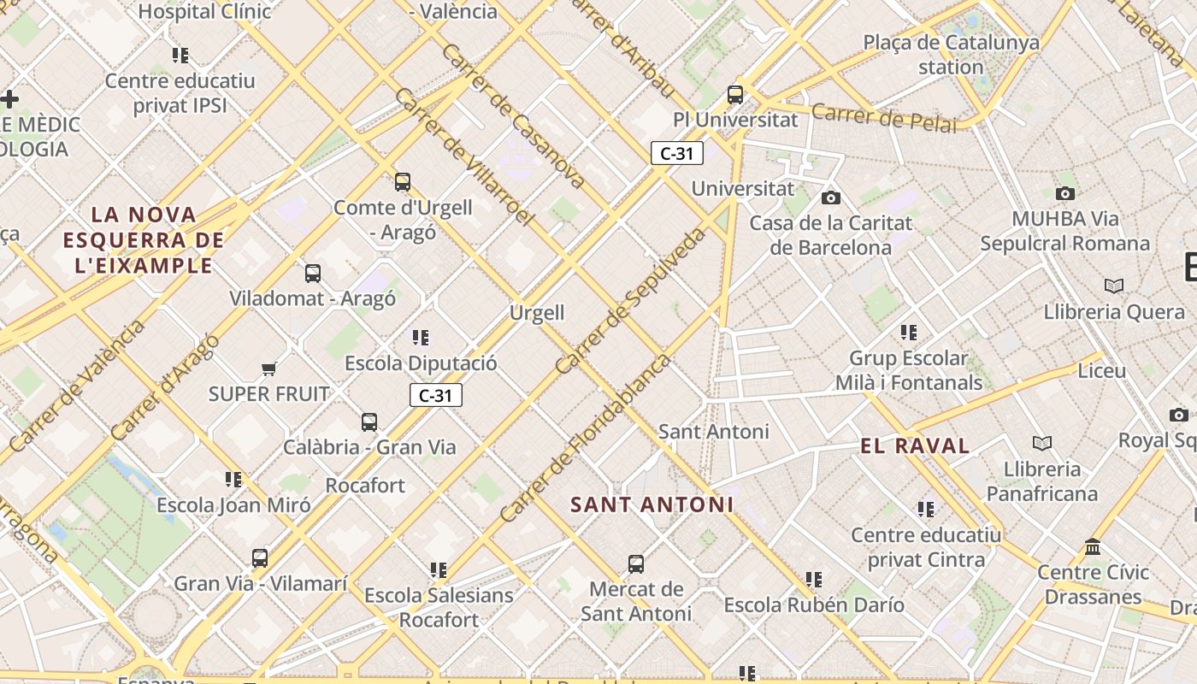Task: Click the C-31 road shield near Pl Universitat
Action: (676, 153)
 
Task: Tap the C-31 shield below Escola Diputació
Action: (436, 395)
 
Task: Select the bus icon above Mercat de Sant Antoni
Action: (636, 563)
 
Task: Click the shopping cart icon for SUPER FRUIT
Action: (269, 369)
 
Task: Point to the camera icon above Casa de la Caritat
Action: (830, 198)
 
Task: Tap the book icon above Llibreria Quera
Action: (1114, 286)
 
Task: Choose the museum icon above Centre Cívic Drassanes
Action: (1093, 546)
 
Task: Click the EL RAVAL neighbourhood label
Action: (915, 445)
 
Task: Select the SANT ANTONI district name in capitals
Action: (652, 504)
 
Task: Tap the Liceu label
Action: (1102, 371)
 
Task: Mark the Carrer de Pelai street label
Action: (883, 118)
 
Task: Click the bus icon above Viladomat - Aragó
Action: (313, 274)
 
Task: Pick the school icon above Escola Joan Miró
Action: (233, 479)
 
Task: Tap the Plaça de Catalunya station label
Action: (951, 54)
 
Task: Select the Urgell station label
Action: (537, 312)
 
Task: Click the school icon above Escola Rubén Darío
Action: (814, 579)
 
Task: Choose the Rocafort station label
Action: (365, 485)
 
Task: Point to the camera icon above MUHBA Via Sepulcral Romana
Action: (1065, 193)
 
